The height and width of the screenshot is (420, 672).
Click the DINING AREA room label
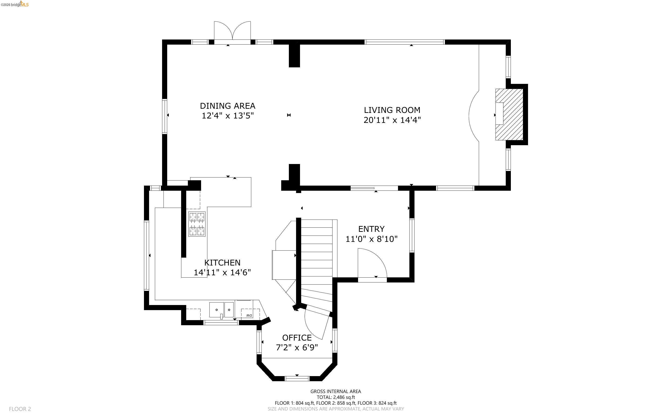pyautogui.click(x=228, y=106)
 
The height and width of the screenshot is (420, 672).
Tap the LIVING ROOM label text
pyautogui.click(x=392, y=110)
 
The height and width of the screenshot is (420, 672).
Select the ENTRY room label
pyautogui.click(x=371, y=229)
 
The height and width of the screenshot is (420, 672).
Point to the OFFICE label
pyautogui.click(x=297, y=338)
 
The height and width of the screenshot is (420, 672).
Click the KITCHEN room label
pyautogui.click(x=222, y=262)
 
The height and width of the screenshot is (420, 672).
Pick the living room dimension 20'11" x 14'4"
pyautogui.click(x=392, y=120)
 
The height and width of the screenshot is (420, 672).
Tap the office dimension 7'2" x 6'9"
pyautogui.click(x=297, y=348)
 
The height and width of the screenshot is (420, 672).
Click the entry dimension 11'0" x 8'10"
pyautogui.click(x=371, y=239)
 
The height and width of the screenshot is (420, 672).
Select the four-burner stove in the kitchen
pyautogui.click(x=197, y=224)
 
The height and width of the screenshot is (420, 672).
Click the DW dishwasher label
pyautogui.click(x=249, y=315)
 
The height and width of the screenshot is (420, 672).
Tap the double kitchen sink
pyautogui.click(x=222, y=310)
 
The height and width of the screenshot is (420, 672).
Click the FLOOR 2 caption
pyautogui.click(x=20, y=409)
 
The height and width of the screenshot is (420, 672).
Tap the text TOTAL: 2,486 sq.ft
pyautogui.click(x=336, y=397)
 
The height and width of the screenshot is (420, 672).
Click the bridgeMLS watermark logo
pyautogui.click(x=14, y=4)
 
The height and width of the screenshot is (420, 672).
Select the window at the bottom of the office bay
pyautogui.click(x=297, y=378)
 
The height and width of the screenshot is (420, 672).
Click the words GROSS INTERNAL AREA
pyautogui.click(x=336, y=391)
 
